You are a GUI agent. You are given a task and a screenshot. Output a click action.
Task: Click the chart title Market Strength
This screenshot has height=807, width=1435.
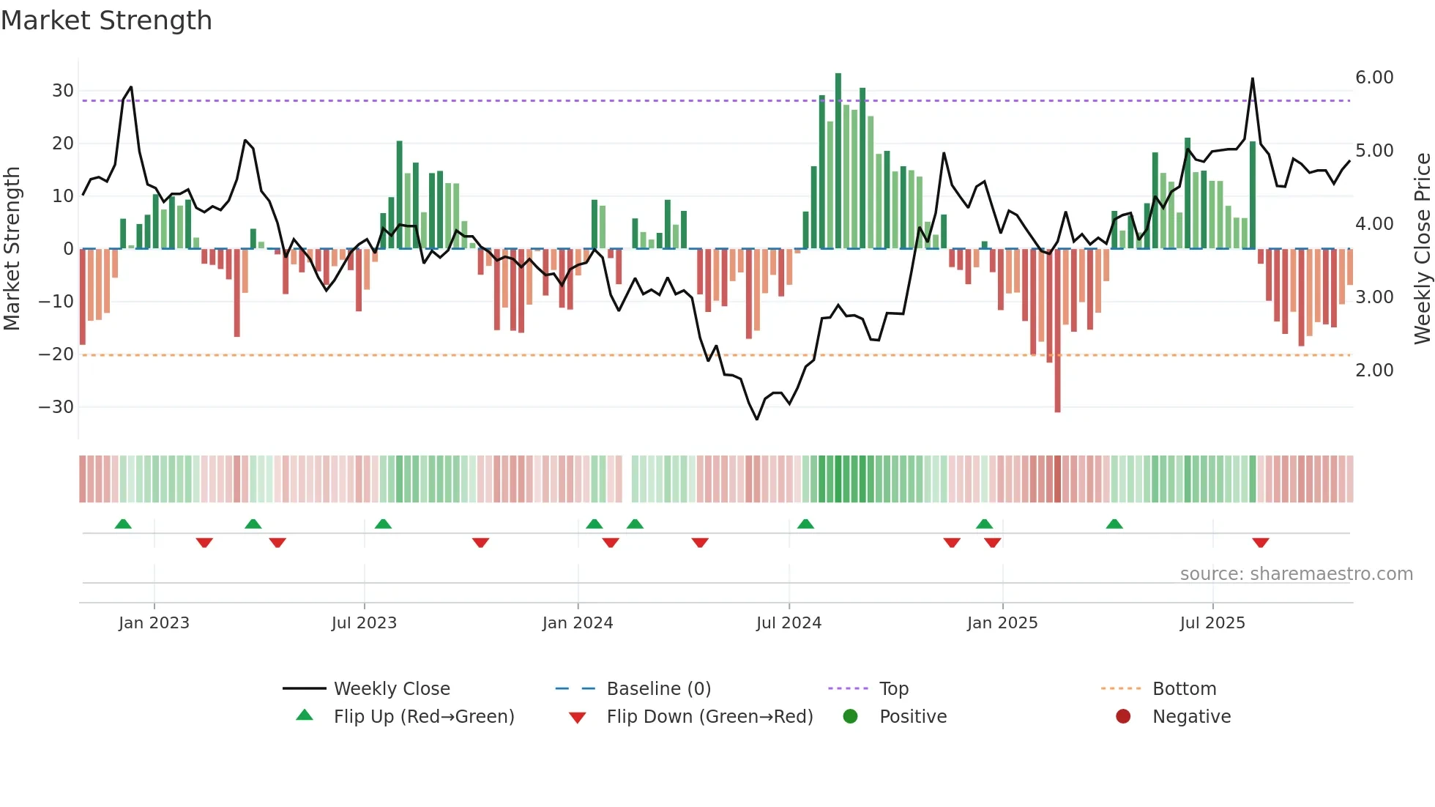coord(106,21)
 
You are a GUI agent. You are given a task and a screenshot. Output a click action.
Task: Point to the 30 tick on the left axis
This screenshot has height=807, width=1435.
coord(63,91)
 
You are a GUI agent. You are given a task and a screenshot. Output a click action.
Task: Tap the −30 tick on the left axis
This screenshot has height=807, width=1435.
coord(57,407)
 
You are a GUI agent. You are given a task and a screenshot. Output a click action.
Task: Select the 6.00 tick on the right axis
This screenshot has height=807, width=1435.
coord(1374,78)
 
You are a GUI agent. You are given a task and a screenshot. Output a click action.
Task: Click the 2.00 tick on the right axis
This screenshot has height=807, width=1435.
coord(1374,371)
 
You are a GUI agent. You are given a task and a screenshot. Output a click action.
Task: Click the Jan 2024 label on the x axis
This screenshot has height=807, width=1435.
coord(578,623)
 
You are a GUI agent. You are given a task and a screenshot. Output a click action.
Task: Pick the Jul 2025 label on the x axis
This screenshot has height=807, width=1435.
coord(1212,623)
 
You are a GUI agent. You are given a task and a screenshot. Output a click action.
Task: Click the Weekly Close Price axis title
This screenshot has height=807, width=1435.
coord(1422,249)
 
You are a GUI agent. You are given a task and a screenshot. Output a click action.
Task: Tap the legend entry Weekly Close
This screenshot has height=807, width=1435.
coord(392,689)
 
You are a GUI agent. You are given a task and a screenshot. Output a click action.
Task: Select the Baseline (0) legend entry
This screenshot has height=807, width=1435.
coord(658,689)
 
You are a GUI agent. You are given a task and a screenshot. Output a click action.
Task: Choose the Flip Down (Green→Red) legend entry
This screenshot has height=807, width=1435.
coord(709,717)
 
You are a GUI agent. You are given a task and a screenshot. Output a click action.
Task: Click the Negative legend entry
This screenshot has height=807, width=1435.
coord(1191,717)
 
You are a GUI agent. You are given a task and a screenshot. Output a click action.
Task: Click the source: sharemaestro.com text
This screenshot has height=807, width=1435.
coord(1296,574)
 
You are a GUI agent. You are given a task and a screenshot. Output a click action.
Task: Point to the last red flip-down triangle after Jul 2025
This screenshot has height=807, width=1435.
coord(1261,543)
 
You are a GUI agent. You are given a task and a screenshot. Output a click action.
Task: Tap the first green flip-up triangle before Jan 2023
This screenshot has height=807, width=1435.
coord(123,524)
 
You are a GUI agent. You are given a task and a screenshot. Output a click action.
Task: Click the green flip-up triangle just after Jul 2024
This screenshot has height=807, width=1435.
coord(805,524)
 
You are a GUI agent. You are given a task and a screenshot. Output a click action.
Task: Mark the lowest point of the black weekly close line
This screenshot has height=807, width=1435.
coord(757,419)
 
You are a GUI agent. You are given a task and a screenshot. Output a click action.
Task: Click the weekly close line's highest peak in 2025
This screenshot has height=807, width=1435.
coord(1253,79)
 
